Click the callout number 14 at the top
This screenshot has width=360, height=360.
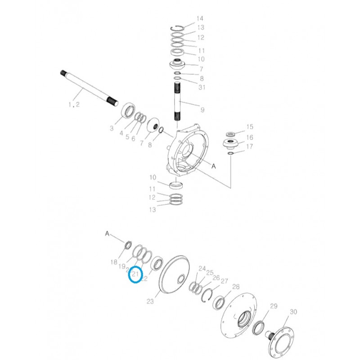coord(200,18)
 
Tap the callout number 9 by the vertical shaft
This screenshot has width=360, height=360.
coord(202,109)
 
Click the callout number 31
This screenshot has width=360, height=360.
coord(202,87)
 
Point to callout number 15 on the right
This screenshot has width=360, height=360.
coord(249,127)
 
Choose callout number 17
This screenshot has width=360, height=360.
coord(249,147)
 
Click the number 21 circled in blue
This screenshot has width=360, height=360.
coord(135,274)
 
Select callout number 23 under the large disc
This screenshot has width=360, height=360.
coord(150,301)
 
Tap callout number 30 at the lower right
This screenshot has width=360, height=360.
coord(293,312)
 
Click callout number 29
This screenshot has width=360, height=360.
coord(274,306)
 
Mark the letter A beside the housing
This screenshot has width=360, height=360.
coord(214,166)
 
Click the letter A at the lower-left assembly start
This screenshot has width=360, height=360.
coord(107,233)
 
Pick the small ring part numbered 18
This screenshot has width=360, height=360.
coord(127,245)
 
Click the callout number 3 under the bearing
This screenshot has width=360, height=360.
coord(111,129)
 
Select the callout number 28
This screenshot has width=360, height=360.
coord(235,287)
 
